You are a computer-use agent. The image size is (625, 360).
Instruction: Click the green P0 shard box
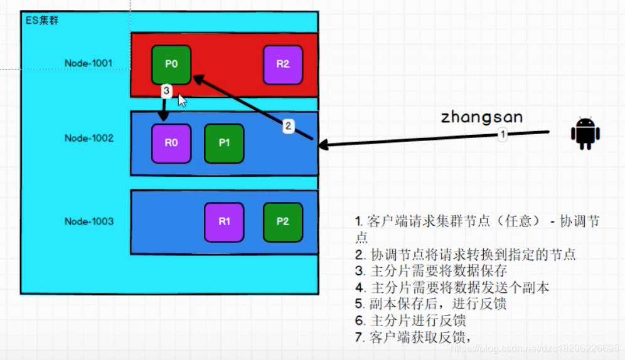[x=171, y=64]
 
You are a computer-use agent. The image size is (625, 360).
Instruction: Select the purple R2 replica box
[x=283, y=64]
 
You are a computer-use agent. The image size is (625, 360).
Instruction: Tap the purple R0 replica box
[x=171, y=143]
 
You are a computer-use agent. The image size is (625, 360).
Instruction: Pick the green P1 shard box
[x=224, y=143]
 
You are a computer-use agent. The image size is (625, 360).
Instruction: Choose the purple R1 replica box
[x=224, y=221]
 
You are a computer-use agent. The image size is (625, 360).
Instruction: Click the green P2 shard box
[x=283, y=221]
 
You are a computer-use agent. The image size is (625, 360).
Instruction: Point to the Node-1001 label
[x=88, y=63]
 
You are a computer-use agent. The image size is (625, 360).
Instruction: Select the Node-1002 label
[x=88, y=138]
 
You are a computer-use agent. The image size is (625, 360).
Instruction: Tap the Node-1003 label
[x=88, y=221]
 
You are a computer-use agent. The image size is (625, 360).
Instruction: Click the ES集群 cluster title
[x=42, y=21]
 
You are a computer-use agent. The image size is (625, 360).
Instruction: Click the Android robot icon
[x=585, y=134]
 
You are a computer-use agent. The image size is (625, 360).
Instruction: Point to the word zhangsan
[x=481, y=117]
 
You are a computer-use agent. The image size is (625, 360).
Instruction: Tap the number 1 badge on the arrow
[x=502, y=134]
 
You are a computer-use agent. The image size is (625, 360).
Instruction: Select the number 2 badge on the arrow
[x=288, y=126]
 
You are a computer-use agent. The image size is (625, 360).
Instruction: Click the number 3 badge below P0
[x=166, y=91]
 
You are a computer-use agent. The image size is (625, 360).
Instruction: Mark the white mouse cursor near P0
[x=182, y=100]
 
